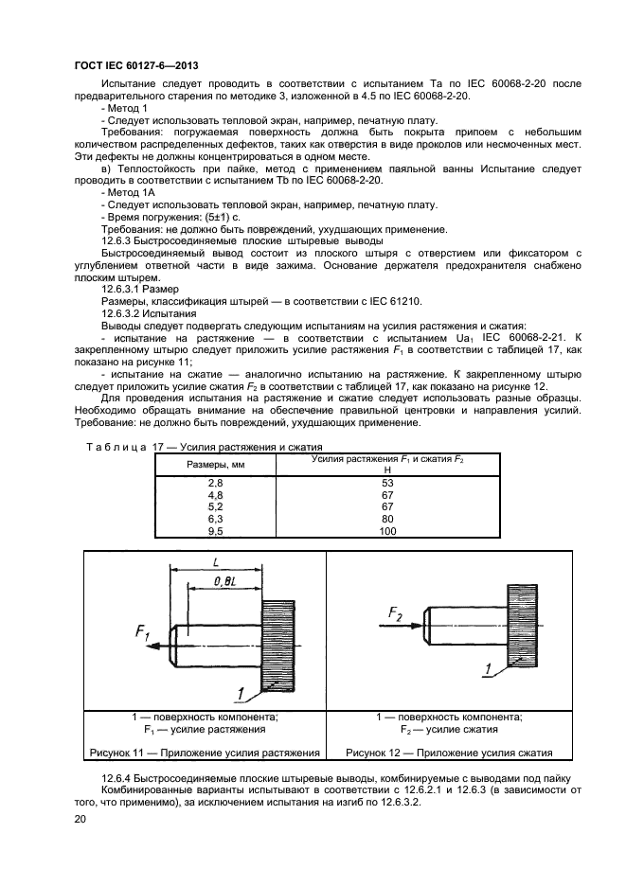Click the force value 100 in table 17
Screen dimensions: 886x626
click(x=386, y=532)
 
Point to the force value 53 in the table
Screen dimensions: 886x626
click(x=386, y=484)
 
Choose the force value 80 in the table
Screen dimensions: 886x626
click(x=386, y=520)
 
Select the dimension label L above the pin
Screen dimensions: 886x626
click(x=218, y=561)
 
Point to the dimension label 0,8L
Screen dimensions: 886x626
click(x=226, y=579)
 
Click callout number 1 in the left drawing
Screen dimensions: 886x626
click(x=243, y=695)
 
